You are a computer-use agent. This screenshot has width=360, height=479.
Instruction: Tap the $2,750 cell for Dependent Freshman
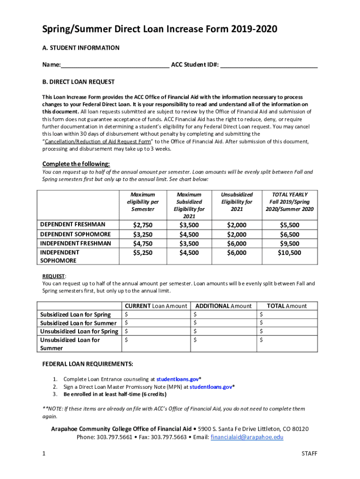click(x=143, y=225)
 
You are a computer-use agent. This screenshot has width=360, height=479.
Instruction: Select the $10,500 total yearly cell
click(x=289, y=253)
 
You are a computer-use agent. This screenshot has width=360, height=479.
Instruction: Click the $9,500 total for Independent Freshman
click(x=289, y=243)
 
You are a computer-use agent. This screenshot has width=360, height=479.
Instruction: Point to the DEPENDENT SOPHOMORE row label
click(x=75, y=234)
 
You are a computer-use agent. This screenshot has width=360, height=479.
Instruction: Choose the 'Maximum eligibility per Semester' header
click(x=143, y=202)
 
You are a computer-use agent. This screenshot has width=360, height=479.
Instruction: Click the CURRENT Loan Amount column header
click(x=155, y=306)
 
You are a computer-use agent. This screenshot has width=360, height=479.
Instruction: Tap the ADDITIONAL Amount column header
click(x=223, y=306)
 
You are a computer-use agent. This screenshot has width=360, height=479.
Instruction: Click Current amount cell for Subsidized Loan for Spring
click(x=156, y=314)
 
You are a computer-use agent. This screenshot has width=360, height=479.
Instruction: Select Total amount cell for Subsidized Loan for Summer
click(x=287, y=323)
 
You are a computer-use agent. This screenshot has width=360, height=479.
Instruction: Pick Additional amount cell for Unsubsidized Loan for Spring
click(x=223, y=332)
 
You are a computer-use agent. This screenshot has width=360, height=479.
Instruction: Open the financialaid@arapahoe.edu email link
click(x=247, y=437)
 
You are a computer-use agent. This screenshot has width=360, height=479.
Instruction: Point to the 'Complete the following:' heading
click(x=76, y=164)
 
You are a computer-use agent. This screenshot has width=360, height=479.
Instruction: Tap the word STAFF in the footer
click(x=310, y=454)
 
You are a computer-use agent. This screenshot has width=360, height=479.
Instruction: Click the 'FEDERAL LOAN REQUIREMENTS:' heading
click(x=87, y=364)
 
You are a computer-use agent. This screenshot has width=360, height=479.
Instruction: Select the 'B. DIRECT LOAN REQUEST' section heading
click(x=78, y=82)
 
